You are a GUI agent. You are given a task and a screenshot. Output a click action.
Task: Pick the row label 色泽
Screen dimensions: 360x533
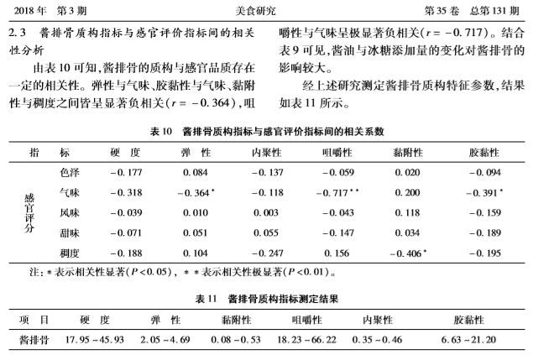pyautogui.click(x=70, y=173)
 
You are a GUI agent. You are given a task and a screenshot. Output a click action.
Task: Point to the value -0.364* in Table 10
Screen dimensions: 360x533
pyautogui.click(x=196, y=193)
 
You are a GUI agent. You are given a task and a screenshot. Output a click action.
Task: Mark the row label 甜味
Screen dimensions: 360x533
pyautogui.click(x=70, y=232)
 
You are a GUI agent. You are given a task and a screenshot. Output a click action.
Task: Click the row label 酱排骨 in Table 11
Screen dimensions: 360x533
pyautogui.click(x=34, y=339)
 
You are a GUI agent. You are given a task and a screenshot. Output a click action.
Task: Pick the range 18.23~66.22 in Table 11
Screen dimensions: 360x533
pyautogui.click(x=307, y=339)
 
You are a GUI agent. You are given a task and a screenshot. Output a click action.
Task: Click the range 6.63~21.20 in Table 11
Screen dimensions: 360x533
pyautogui.click(x=468, y=339)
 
